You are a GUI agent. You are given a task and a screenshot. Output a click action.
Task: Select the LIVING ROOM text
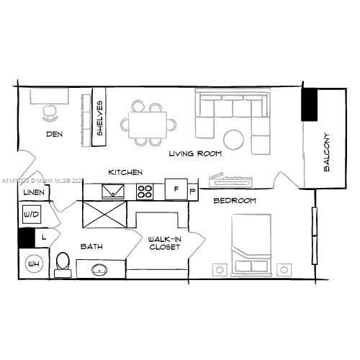point(195,154)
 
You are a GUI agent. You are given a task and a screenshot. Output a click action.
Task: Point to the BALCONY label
point(326,151)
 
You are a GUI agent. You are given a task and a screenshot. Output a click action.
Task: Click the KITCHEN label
point(125,173)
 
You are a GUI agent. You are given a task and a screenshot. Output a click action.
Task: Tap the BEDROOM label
point(235,201)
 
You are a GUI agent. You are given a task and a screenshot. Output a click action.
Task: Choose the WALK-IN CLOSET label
point(163,243)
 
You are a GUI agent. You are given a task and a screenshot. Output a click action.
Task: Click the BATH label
point(91,247)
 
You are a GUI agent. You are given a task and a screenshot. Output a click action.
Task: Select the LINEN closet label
point(34,193)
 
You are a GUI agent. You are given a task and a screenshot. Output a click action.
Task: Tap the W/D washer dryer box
point(31,214)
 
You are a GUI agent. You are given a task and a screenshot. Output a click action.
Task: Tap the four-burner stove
point(145,192)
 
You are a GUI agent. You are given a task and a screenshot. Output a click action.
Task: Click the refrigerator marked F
point(176,190)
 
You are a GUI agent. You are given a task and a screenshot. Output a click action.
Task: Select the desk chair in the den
point(50,111)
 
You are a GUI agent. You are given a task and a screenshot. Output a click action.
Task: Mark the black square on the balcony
point(311,104)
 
